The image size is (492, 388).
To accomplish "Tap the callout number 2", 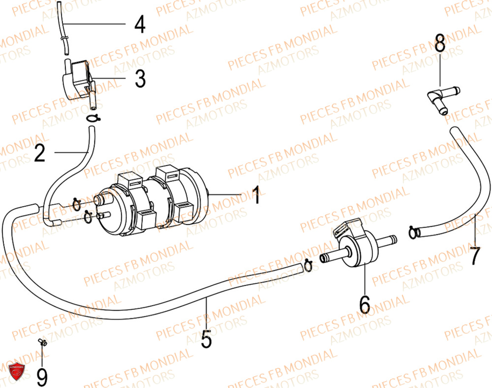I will [x=40, y=153].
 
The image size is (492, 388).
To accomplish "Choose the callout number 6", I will [x=364, y=305].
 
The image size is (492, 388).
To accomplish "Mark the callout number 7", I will [x=474, y=256].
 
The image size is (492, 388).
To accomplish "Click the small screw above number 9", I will [x=41, y=342].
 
